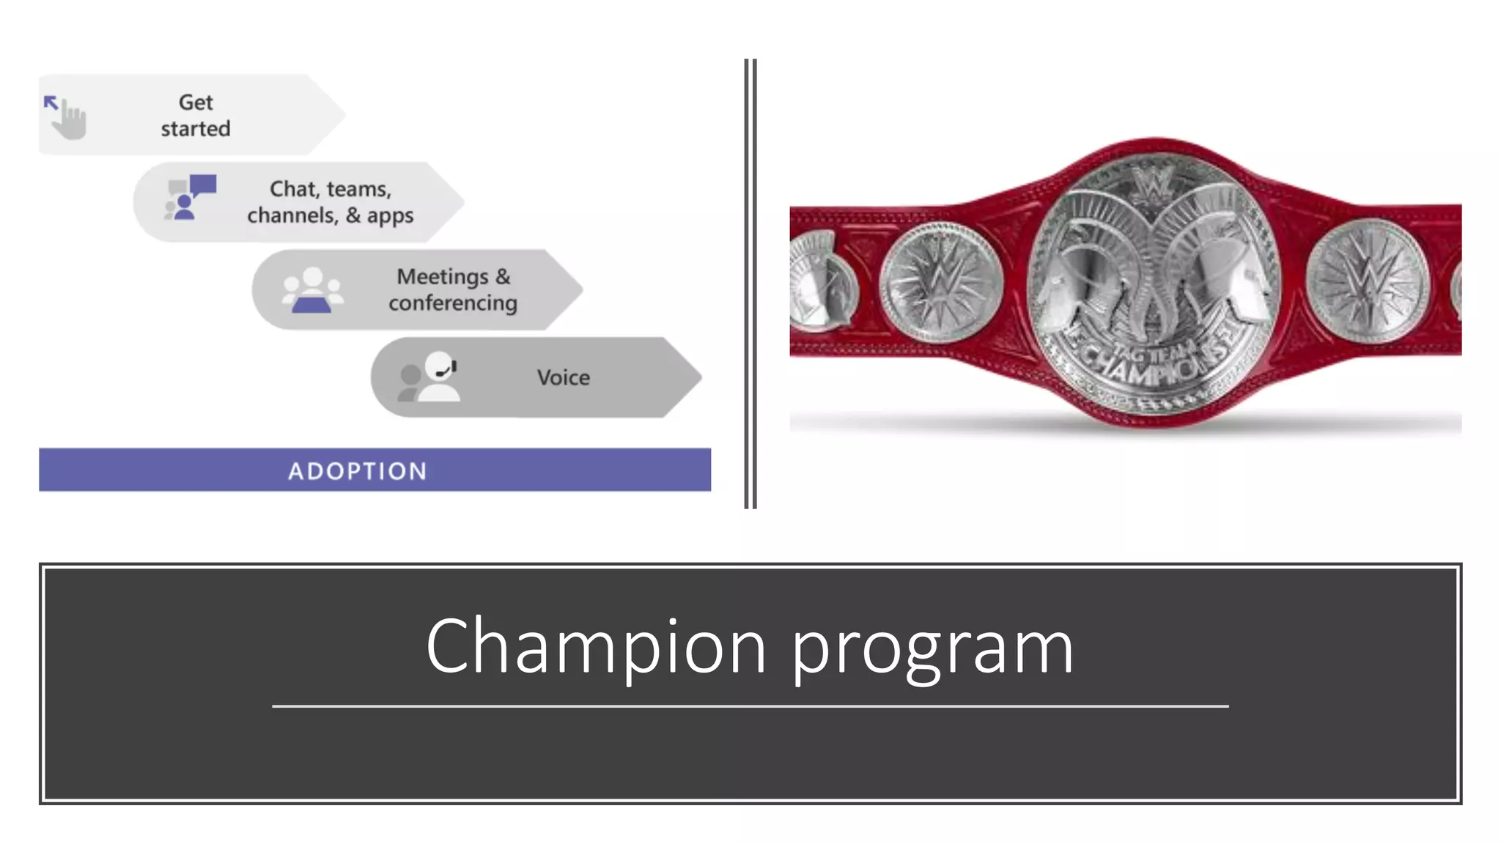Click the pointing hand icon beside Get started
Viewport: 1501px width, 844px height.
[67, 116]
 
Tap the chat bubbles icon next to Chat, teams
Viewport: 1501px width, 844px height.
[191, 197]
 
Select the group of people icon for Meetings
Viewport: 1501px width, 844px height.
[312, 290]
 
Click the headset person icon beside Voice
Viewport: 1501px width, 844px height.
[431, 377]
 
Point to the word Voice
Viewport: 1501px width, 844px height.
[563, 377]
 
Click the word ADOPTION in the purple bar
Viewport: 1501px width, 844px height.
[358, 470]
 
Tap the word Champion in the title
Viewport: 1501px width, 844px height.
[596, 646]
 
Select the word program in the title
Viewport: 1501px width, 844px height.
[932, 649]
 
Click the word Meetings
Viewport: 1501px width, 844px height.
[443, 277]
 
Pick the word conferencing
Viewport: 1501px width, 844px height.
[453, 303]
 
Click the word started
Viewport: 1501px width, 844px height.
[196, 129]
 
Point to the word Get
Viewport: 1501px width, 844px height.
[196, 103]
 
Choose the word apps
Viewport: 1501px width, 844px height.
[390, 216]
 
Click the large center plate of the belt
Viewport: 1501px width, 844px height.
[1154, 286]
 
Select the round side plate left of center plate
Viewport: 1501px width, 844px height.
[941, 281]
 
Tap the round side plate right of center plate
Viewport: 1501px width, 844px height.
[1368, 281]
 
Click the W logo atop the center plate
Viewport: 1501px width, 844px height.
[1153, 183]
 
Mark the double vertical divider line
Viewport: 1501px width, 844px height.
[750, 284]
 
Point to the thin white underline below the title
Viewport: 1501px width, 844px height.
[750, 706]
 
